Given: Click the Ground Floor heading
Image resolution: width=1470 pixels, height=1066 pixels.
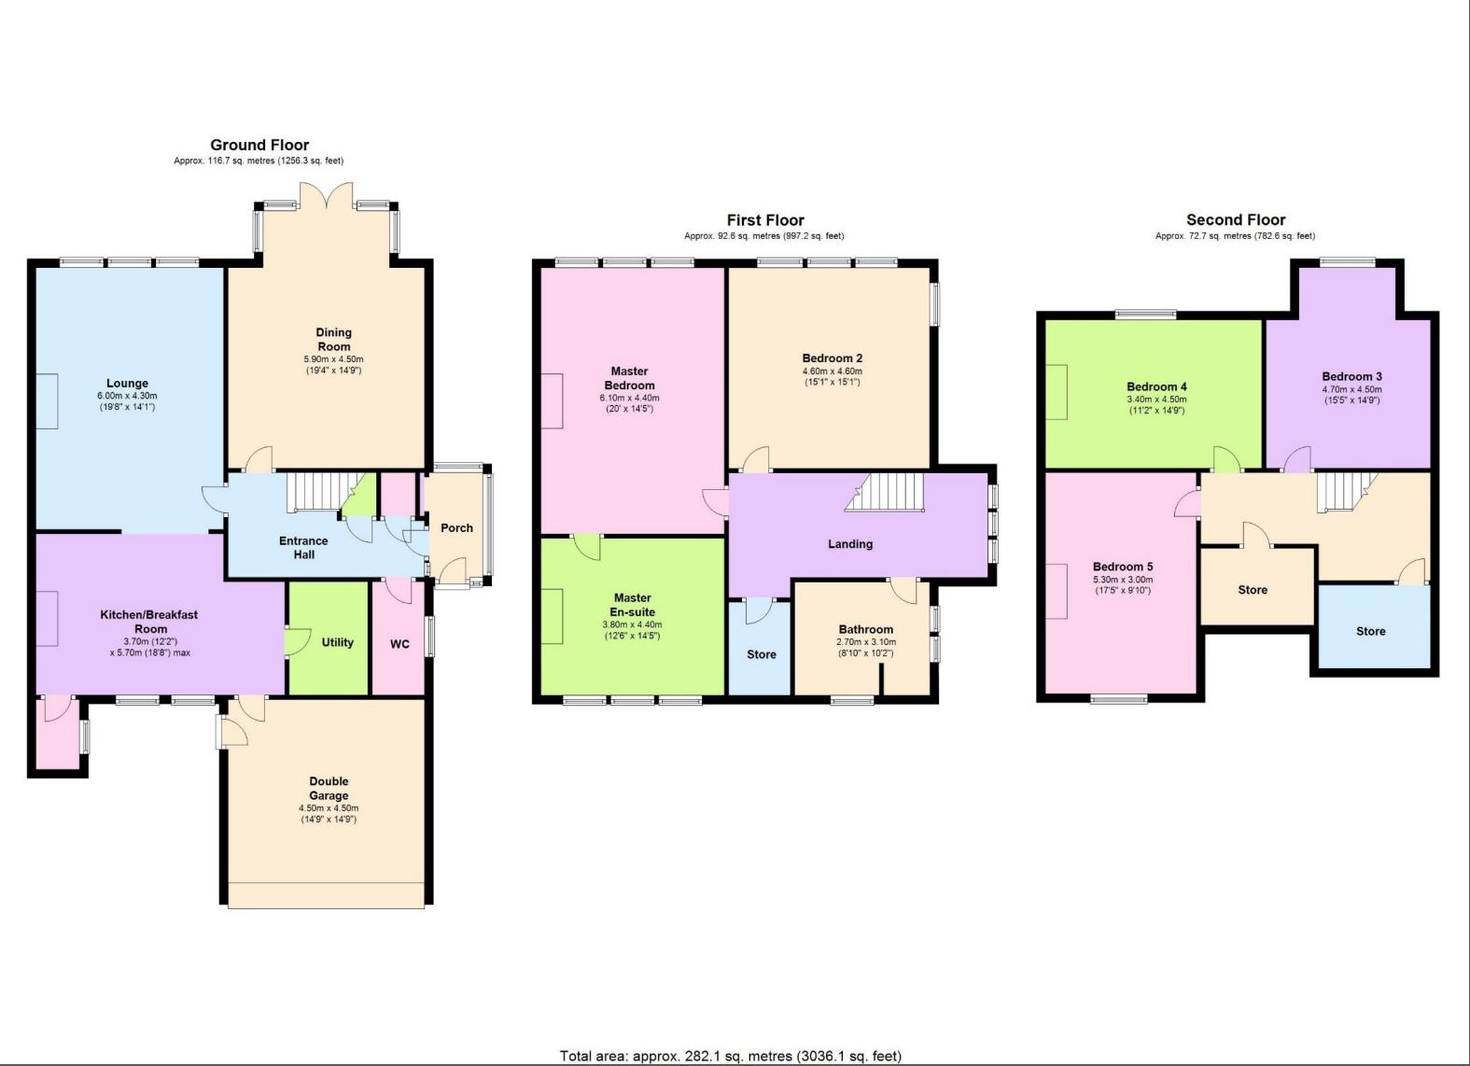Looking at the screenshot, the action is pos(259,145).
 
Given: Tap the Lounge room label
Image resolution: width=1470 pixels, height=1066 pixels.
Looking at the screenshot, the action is pos(127,384).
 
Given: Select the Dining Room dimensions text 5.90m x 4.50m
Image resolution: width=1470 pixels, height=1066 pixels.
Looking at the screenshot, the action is pos(333,359).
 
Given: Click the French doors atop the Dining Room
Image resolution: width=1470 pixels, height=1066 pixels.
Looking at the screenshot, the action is pos(327,195).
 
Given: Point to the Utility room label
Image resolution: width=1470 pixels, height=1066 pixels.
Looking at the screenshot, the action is pos(337,642).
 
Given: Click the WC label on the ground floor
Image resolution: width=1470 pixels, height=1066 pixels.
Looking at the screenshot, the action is pos(399,645).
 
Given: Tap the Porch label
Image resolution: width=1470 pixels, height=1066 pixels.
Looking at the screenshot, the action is pos(456,528).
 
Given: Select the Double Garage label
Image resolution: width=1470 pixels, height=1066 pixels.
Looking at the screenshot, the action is pos(329,789).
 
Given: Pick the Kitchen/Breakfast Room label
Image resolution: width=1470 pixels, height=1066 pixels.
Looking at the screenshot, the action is pos(149,622).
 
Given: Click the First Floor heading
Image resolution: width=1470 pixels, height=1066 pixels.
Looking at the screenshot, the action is pos(765,220).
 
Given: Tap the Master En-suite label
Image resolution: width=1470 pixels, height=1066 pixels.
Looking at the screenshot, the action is pos(632,605).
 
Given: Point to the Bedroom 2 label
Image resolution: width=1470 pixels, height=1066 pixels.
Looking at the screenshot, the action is pos(833,358).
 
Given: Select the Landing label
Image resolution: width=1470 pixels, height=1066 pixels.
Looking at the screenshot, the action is pos(850,544).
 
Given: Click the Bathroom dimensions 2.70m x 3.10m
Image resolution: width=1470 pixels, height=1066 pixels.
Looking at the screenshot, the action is pos(865,642).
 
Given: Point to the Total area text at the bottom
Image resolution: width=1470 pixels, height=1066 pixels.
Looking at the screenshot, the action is pos(731,1056).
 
